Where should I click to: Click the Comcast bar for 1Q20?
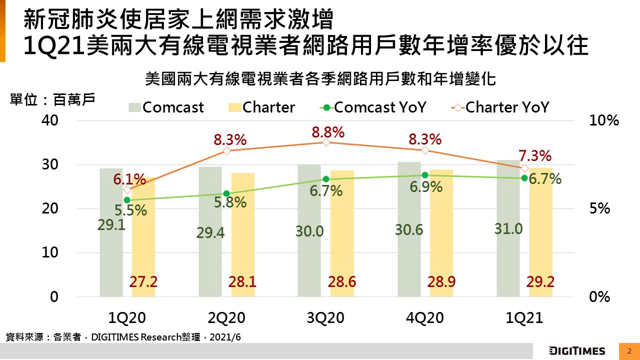111,250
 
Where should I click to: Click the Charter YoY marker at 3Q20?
325,142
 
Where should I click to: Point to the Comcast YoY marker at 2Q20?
226,193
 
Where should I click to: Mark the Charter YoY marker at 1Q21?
524,168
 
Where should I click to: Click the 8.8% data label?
328,132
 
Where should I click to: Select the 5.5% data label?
131,210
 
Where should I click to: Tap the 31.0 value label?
509,229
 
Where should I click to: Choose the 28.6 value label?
342,282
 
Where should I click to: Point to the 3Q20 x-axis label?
325,318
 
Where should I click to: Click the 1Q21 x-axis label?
524,318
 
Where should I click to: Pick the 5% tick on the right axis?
600,208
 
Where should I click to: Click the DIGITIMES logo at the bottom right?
577,350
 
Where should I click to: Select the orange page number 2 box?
629,350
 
